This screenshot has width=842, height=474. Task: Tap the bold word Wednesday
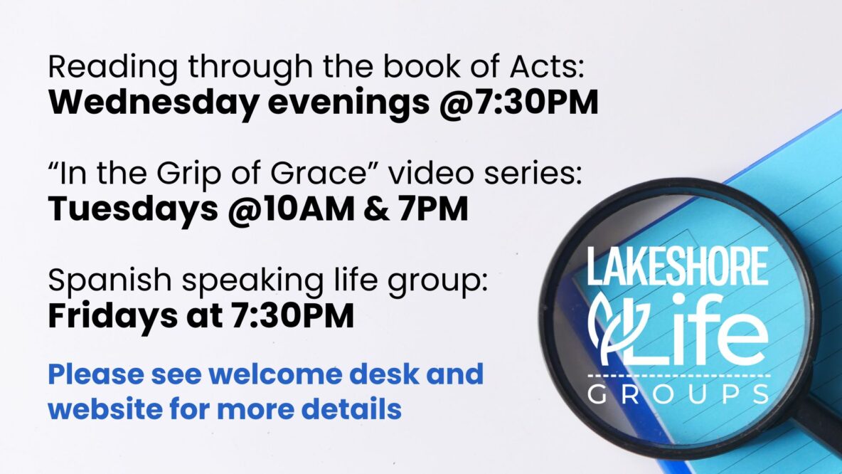point(153,102)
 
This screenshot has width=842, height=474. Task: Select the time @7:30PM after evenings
point(518,102)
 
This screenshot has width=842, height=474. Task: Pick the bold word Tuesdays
point(133,209)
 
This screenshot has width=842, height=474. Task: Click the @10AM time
point(291,209)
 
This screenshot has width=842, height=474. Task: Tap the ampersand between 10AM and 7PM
point(376,209)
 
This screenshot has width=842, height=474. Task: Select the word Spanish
point(110,280)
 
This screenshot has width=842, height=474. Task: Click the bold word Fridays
point(112,315)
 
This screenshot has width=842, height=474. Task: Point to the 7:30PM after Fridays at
point(292,315)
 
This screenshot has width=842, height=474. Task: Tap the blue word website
point(105,409)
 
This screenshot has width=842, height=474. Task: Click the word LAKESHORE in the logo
point(677,266)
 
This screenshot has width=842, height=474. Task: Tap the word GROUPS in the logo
point(678,394)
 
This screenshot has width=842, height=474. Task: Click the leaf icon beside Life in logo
point(609,328)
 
